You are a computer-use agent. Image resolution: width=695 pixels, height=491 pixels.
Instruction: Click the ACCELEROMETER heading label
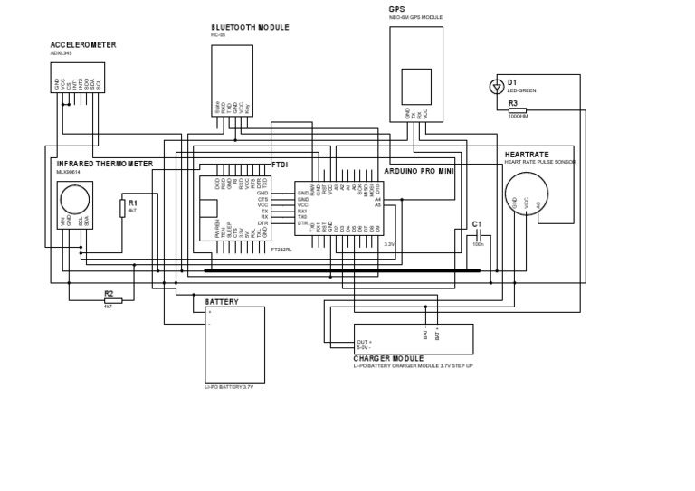pos(82,44)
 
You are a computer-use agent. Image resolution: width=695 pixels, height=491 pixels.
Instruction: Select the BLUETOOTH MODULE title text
pos(250,28)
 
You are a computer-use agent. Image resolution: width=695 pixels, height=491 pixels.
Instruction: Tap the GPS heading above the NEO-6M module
pos(396,9)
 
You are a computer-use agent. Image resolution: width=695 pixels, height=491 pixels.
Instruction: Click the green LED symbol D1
pos(496,87)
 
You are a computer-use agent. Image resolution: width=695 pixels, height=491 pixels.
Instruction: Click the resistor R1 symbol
pos(122,208)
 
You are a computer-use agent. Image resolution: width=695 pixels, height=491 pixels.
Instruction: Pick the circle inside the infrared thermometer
pos(74,198)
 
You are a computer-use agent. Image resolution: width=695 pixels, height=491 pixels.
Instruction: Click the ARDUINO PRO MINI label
pos(418,170)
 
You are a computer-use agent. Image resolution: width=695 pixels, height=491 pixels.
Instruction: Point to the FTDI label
pos(280,165)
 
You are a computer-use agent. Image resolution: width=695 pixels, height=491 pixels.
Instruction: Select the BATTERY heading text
pos(222,302)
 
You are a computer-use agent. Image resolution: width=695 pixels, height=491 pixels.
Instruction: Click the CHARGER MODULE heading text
pos(388,359)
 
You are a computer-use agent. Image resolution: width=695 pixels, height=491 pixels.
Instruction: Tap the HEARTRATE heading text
pos(527,155)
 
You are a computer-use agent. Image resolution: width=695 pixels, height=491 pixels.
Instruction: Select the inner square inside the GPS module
pos(416,87)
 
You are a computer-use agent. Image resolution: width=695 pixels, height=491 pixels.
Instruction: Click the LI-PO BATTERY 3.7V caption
pos(229,386)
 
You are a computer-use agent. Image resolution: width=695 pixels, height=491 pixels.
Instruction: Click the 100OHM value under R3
pos(518,117)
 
